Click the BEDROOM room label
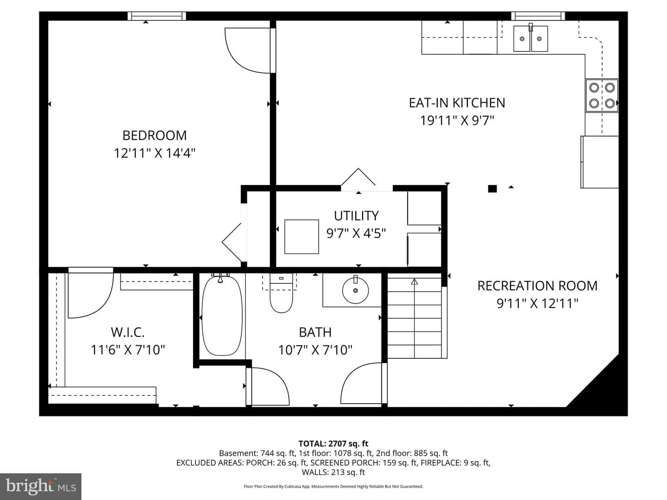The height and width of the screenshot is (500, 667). (x=154, y=135)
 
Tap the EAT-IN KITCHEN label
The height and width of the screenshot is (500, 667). (x=457, y=103)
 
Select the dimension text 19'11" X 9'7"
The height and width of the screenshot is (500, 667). (x=457, y=120)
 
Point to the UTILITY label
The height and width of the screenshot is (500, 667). (x=356, y=216)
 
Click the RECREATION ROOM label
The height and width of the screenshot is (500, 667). (x=537, y=286)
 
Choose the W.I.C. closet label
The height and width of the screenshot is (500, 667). (x=128, y=332)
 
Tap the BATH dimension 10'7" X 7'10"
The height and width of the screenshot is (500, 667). (x=315, y=350)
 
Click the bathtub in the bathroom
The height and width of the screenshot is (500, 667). (x=222, y=315)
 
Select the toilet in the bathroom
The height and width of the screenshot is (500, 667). (x=281, y=293)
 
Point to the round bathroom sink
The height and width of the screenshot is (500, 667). (x=355, y=291)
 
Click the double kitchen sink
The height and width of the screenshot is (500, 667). (x=530, y=38)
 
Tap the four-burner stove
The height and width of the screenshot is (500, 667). (x=602, y=96)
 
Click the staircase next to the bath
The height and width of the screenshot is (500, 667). (x=415, y=315)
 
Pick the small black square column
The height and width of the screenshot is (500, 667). (x=492, y=189)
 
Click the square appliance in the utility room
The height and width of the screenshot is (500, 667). (x=302, y=237)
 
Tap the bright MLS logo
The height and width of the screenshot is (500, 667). (x=41, y=486)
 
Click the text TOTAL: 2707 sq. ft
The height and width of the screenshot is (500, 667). (x=333, y=444)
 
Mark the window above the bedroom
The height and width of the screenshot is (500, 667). (x=157, y=16)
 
